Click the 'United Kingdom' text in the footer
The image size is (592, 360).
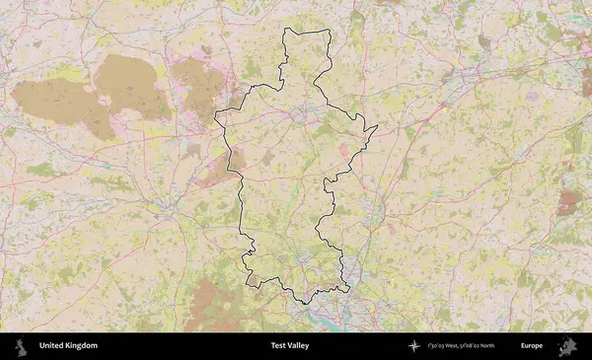68,346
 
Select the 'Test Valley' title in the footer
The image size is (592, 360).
289,346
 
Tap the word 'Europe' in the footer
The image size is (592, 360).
532,346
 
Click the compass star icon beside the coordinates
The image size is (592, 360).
413,346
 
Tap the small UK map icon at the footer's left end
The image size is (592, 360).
20,346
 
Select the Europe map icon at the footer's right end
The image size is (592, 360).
567,346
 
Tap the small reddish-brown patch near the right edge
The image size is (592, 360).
567,203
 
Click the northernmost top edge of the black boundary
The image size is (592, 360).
307,31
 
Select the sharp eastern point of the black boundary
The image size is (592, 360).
378,127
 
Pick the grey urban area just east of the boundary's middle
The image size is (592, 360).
372,206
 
